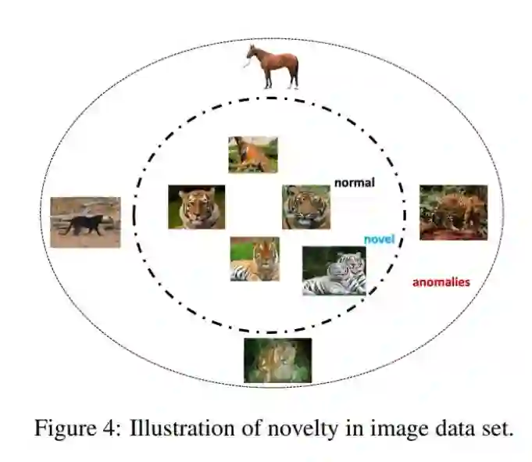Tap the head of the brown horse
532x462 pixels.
tap(252, 53)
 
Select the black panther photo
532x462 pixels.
tap(85, 222)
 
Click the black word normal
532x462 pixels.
tap(355, 183)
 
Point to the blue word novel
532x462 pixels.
tap(380, 239)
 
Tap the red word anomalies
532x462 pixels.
tap(441, 282)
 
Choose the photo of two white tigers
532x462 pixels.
tap(334, 270)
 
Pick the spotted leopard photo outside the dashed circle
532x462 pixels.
tap(453, 212)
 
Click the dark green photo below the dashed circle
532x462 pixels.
tap(277, 360)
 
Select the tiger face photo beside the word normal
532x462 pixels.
tap(306, 206)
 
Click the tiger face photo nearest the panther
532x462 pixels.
tap(196, 206)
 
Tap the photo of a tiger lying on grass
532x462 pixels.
tap(255, 259)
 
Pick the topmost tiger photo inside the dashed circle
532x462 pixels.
tap(252, 154)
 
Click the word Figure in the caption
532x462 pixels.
tap(59, 428)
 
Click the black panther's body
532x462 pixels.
tap(84, 225)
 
